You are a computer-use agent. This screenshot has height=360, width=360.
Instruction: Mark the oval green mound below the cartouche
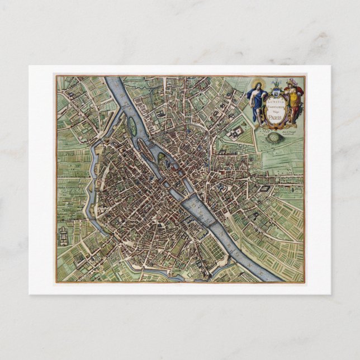point(273,137)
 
